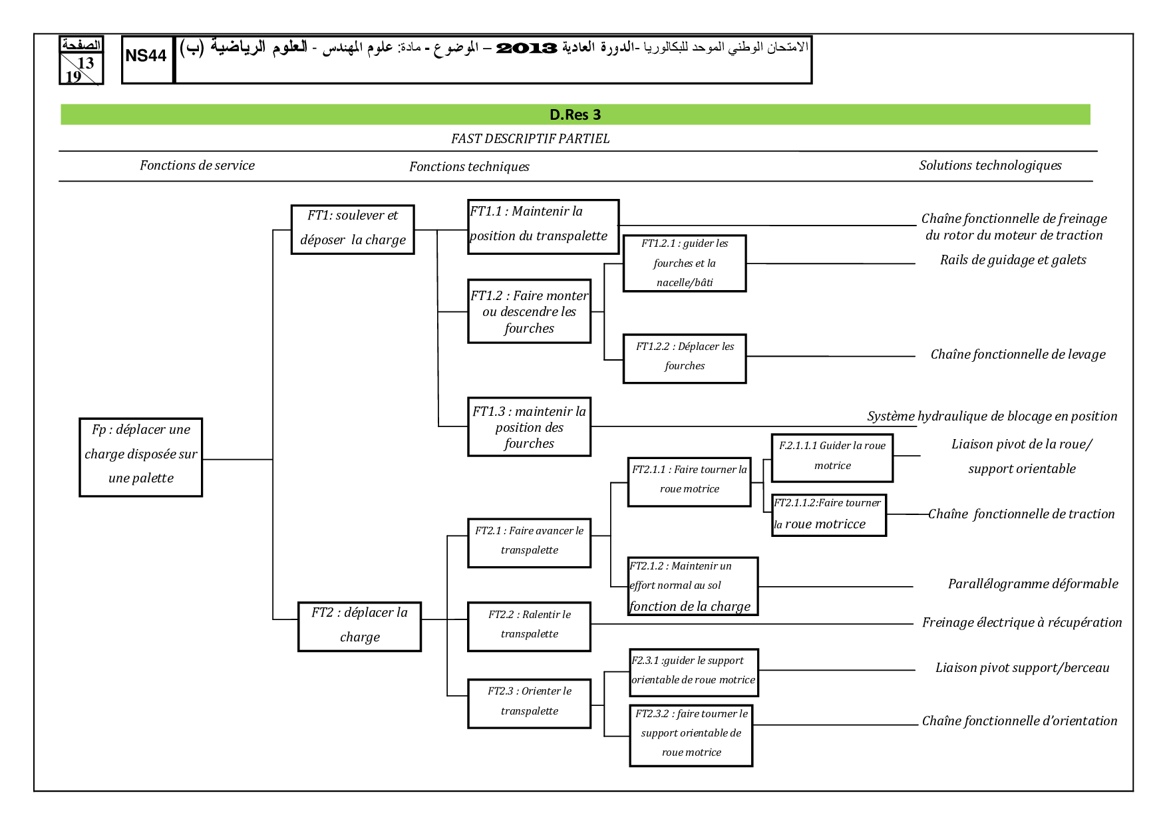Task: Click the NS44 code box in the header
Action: coord(146,59)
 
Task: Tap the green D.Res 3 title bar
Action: coord(575,114)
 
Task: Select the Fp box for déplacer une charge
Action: coord(141,457)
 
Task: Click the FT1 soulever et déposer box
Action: coord(353,229)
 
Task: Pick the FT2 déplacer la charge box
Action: coord(359,626)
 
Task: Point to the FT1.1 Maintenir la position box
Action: coord(543,226)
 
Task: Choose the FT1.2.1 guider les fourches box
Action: coord(684,263)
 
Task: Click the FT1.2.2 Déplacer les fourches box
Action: coord(684,358)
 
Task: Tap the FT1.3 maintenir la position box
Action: coord(529,427)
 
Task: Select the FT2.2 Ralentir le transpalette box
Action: coord(529,626)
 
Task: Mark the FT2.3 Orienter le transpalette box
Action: coord(529,703)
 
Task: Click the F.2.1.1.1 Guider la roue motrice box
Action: coord(832,457)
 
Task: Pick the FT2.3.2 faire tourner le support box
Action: coord(691,735)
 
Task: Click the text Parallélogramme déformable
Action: coord(1033,584)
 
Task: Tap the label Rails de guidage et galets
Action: coord(1013,260)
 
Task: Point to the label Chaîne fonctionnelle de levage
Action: coord(1017,355)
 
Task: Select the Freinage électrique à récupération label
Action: coord(1021,623)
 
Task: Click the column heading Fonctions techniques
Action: coord(469,167)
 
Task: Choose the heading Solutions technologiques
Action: coord(990,166)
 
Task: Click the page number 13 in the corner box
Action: coord(86,63)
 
